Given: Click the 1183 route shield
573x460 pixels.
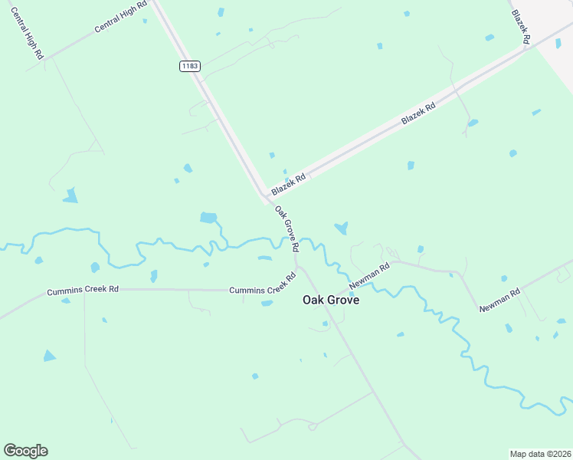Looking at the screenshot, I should click(190, 66).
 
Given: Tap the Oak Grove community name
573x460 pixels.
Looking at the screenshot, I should click(331, 301).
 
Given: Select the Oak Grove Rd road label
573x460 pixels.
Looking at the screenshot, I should click(286, 230).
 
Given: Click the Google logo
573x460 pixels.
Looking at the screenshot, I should click(25, 451).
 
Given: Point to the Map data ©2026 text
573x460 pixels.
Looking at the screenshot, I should click(541, 454).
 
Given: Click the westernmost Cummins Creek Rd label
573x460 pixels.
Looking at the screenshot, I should click(83, 291).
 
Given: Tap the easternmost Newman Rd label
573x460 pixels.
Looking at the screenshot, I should click(499, 300).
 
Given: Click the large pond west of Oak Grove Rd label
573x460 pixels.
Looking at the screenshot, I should click(208, 218).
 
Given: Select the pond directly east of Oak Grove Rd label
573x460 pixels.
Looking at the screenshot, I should click(341, 228).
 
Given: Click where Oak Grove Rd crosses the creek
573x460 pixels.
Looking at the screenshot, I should click(293, 241).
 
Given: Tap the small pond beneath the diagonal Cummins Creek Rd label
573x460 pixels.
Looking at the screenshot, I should click(267, 304).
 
